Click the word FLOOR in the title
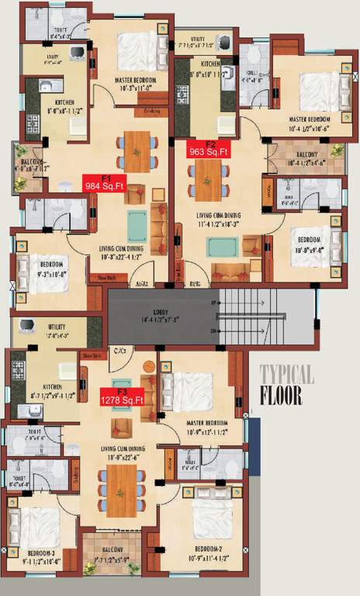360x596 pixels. coord(281,396)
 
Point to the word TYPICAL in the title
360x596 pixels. coord(287,376)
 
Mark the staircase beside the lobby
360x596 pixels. coord(264,318)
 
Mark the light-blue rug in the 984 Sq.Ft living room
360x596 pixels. coord(137,223)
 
